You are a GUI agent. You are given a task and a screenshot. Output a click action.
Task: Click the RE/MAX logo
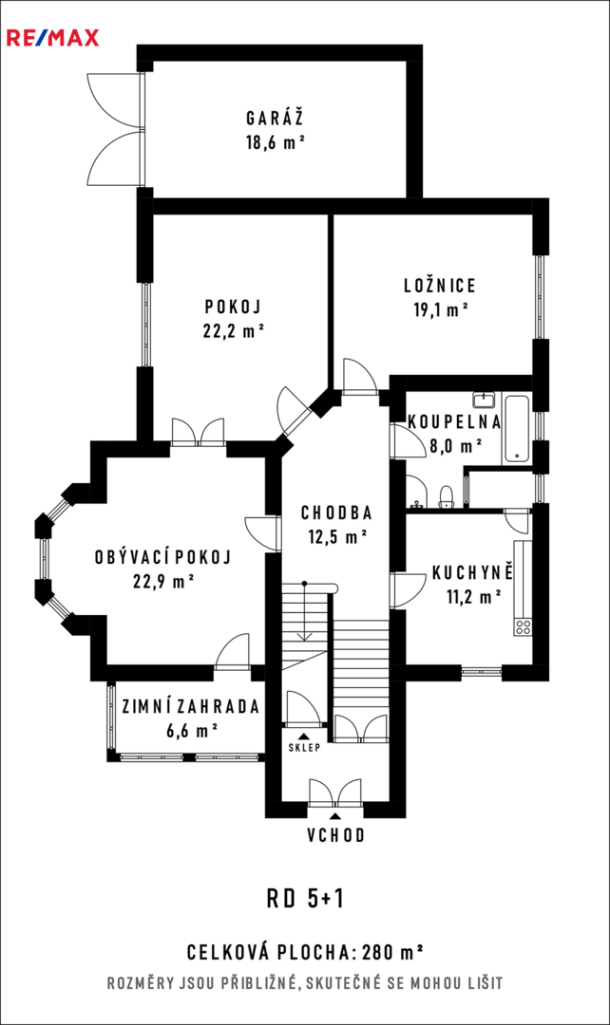point(53,37)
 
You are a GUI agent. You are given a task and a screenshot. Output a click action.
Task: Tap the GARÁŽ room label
point(275,119)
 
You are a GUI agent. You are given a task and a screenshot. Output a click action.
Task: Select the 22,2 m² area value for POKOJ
point(234,331)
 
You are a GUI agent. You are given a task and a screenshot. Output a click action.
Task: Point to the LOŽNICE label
point(439,286)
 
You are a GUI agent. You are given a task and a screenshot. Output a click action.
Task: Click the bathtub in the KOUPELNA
point(517,428)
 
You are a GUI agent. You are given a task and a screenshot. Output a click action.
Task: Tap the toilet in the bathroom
point(446,497)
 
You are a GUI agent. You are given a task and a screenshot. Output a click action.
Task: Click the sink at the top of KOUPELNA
point(486,400)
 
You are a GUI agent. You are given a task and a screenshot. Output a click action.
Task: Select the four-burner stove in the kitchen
point(523,627)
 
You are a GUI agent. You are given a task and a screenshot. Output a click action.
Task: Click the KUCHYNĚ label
point(472,574)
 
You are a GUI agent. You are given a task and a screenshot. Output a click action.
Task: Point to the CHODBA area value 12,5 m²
point(337,536)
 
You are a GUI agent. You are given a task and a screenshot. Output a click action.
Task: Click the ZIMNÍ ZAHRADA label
point(191,707)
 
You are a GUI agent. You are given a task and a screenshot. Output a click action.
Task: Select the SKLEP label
point(304,748)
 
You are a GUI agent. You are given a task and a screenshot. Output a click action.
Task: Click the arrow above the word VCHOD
point(335,816)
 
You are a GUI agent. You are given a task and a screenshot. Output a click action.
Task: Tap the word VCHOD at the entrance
point(335,835)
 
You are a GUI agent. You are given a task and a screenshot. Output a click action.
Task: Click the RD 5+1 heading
point(305,900)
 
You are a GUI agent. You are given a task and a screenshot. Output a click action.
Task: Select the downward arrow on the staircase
point(304,611)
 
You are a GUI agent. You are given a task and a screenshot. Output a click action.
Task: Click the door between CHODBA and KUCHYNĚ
point(407,590)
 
